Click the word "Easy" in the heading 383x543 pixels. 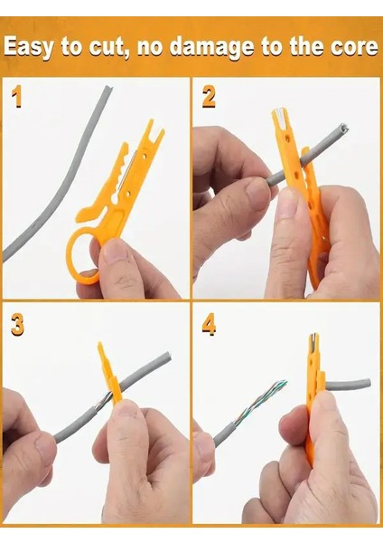point(29,47)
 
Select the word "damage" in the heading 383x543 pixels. point(213,48)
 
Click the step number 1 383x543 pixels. point(16,98)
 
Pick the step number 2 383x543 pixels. point(209,98)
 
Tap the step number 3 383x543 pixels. point(17,325)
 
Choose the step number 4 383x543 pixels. point(210,325)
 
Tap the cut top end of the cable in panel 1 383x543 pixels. point(108,89)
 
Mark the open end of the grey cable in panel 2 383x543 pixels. point(343,128)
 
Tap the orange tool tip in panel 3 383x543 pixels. point(101,349)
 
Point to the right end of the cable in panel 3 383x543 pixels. point(166,358)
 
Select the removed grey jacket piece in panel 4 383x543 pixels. point(348,384)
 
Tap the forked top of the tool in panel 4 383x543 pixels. point(313,341)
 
